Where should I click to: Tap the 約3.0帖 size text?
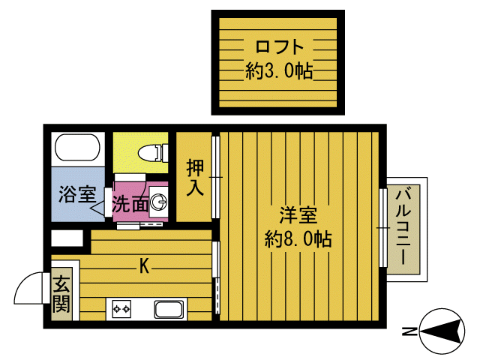point(278,72)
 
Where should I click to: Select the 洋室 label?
point(298,216)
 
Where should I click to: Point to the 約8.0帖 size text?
point(298,240)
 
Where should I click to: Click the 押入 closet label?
point(195,178)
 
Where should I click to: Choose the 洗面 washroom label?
point(129,203)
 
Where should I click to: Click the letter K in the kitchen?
point(142,265)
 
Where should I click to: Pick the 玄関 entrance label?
point(61,294)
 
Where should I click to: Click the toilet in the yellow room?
point(154,152)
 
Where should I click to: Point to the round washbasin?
point(159,202)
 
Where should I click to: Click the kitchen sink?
point(169,309)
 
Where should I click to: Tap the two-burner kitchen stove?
point(121,308)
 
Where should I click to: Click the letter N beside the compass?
point(409,331)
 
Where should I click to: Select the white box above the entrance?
point(67,239)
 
